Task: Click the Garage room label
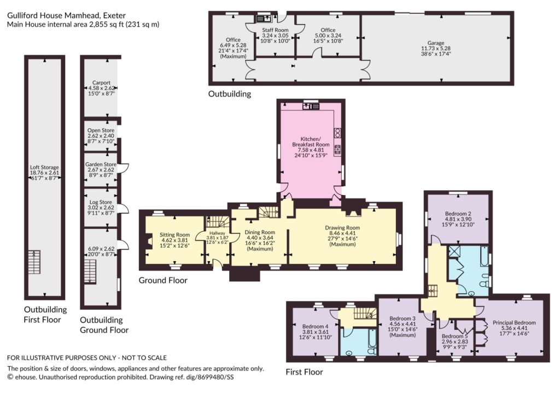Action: (x=436, y=43)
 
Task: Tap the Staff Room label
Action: (x=275, y=30)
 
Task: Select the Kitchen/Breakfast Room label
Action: (x=311, y=142)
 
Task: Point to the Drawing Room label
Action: (x=342, y=227)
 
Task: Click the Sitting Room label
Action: (x=174, y=234)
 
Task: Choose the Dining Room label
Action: (x=260, y=232)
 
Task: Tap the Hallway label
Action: (x=217, y=233)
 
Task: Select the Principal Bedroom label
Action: (x=514, y=322)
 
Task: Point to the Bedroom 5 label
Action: (x=454, y=336)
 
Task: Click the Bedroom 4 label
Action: (x=315, y=326)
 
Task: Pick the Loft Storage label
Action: (x=44, y=167)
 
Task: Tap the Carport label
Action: (x=101, y=82)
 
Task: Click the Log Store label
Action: (x=101, y=202)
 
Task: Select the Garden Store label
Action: (x=101, y=164)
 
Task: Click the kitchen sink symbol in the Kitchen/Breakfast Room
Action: (x=311, y=106)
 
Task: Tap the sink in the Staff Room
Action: (x=264, y=18)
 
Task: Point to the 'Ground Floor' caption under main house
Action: (x=163, y=280)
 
